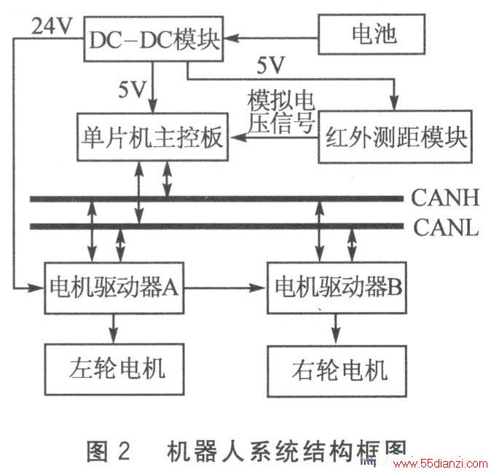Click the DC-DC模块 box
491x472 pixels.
[154, 39]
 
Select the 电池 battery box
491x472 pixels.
[372, 34]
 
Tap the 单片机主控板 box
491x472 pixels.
[152, 137]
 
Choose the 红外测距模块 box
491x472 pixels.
[395, 137]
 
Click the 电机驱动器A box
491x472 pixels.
[114, 288]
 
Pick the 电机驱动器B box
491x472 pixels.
[337, 288]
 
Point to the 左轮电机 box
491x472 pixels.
[114, 369]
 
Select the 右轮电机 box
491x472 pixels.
[337, 371]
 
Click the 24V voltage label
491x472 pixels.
[52, 25]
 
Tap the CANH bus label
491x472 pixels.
[445, 198]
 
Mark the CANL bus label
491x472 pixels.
[446, 227]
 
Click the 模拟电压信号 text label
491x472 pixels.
[281, 111]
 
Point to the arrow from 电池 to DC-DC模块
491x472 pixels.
[271, 38]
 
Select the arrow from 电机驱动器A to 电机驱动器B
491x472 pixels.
[225, 288]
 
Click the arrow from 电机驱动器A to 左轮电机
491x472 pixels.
[114, 329]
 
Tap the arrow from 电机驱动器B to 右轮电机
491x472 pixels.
[336, 329]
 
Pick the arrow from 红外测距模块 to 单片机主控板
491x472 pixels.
[273, 137]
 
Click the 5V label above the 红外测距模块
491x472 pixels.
[270, 66]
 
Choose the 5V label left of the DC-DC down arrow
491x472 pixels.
[132, 90]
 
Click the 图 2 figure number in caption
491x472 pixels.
[108, 451]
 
